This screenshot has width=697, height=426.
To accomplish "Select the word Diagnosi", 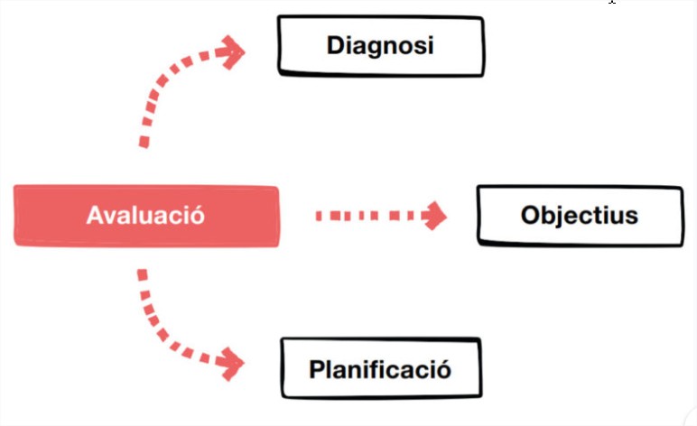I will pyautogui.click(x=380, y=44).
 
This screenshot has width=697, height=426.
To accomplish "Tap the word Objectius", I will pyautogui.click(x=579, y=216).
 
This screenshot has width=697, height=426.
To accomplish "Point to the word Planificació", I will pyautogui.click(x=379, y=369).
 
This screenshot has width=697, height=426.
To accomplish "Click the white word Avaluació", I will pyautogui.click(x=145, y=217).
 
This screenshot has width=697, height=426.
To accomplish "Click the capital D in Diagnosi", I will pyautogui.click(x=335, y=44).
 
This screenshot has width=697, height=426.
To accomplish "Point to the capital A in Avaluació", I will pyautogui.click(x=94, y=217).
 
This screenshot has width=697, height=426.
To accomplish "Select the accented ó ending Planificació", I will pyautogui.click(x=442, y=368).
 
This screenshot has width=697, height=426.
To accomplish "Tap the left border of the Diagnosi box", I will pyautogui.click(x=280, y=44).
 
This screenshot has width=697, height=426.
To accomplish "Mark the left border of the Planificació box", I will pyautogui.click(x=283, y=368).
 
